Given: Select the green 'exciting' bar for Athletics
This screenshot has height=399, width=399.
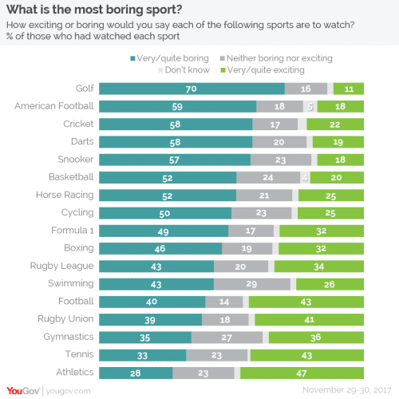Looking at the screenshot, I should (302, 372).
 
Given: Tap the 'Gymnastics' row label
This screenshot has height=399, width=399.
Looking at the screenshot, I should (67, 336).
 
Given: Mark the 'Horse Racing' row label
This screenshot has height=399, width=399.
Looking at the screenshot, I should (65, 194).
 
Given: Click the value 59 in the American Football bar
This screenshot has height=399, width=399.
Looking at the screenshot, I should (180, 105).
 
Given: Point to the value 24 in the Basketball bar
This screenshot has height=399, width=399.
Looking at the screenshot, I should (269, 176).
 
